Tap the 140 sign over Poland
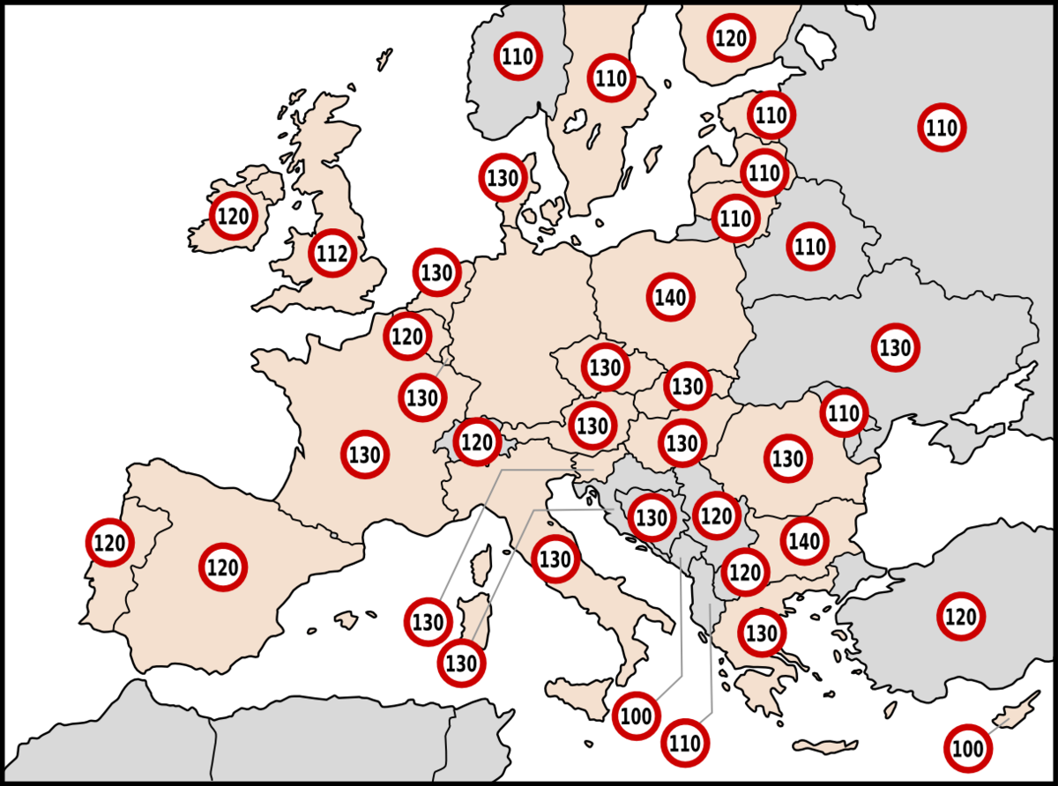tap(671, 298)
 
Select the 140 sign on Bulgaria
tap(804, 541)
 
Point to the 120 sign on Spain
tap(223, 567)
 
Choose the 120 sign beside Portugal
tap(110, 543)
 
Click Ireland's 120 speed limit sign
tap(233, 215)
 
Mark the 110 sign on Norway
tap(518, 57)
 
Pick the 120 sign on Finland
tap(731, 38)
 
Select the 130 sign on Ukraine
tap(896, 347)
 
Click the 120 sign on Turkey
tap(961, 616)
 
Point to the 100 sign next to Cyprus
tap(968, 749)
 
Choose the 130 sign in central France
tap(365, 455)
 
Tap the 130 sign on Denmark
tap(503, 178)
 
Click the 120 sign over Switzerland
tap(477, 441)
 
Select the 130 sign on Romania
tap(788, 458)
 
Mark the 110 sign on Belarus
tap(809, 247)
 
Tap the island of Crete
tap(824, 747)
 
